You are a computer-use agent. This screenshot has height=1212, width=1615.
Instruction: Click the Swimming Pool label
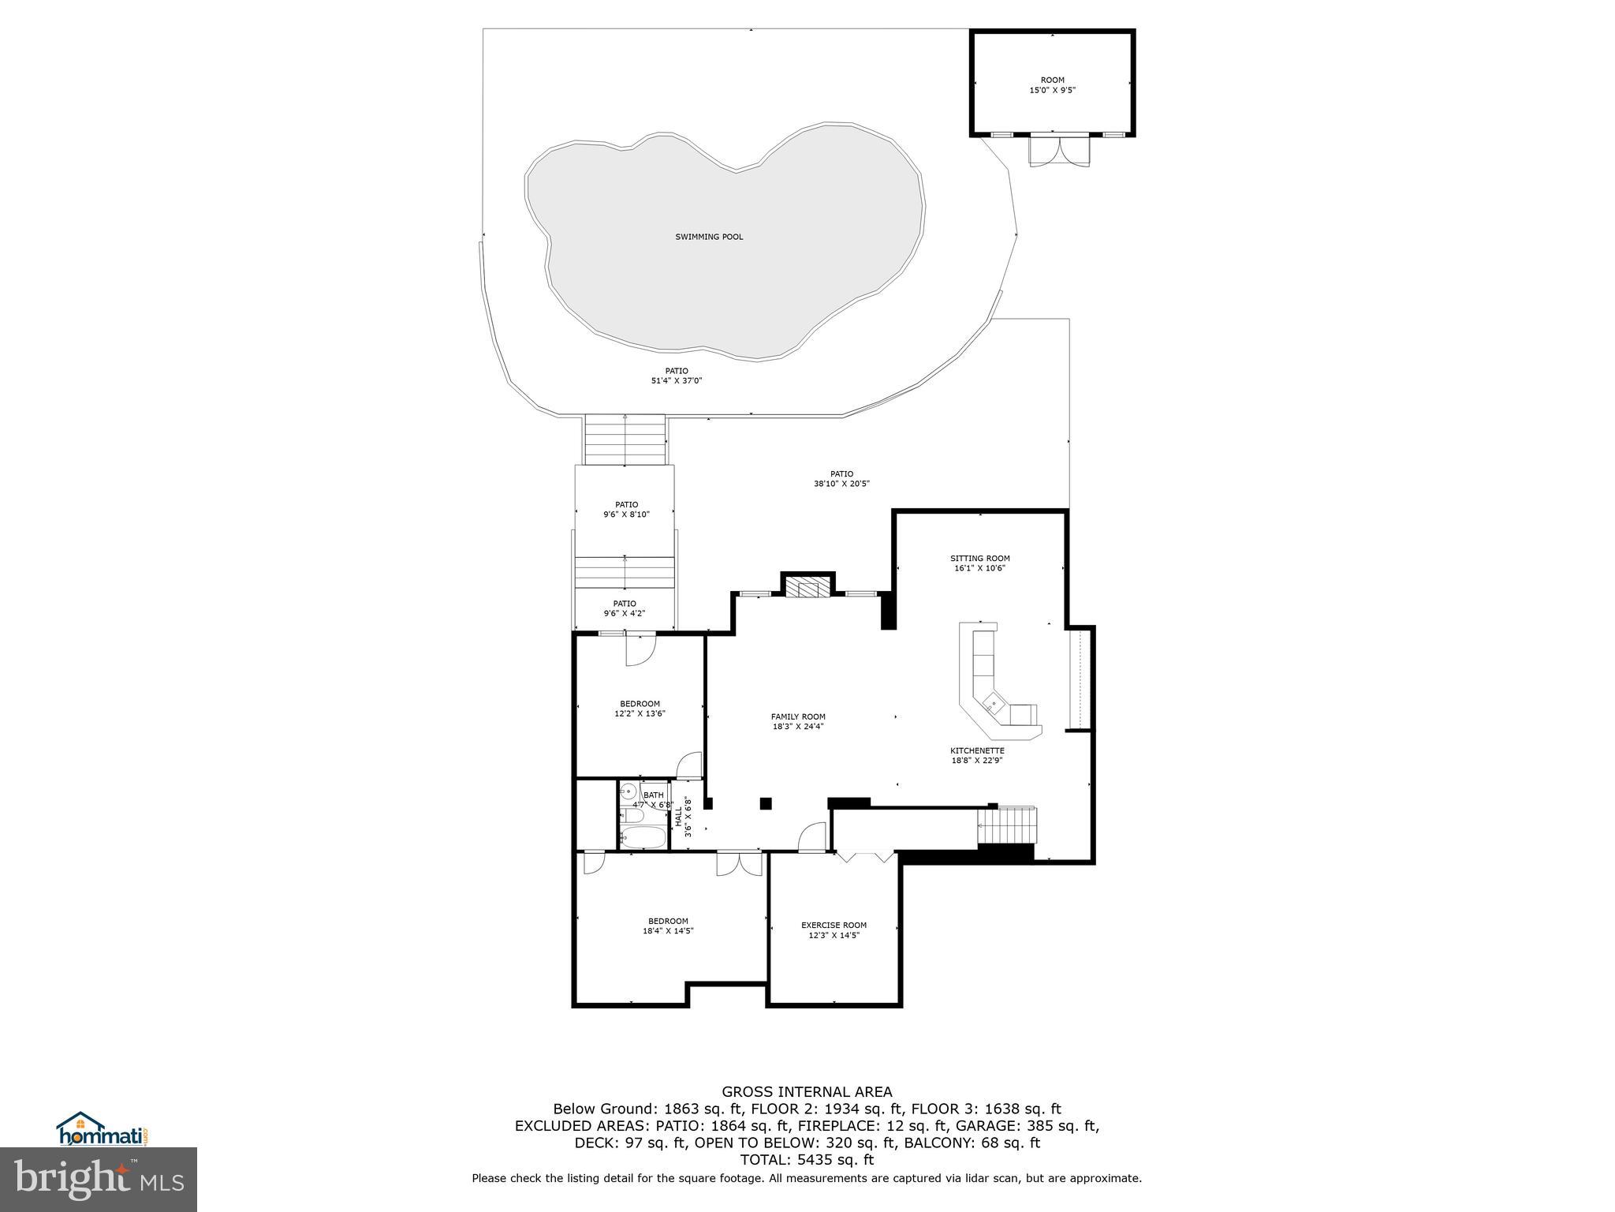click(709, 237)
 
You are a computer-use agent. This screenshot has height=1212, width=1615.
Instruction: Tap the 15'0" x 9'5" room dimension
click(1052, 90)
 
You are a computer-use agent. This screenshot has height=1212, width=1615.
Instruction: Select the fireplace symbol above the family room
click(807, 588)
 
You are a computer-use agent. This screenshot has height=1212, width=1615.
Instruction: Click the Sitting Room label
click(979, 559)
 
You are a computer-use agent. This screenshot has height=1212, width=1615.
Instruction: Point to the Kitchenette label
click(977, 750)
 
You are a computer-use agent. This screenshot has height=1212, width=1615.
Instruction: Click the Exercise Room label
click(834, 925)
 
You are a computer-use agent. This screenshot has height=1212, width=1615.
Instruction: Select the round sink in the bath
click(629, 791)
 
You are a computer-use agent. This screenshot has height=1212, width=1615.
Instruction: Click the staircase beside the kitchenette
click(1005, 826)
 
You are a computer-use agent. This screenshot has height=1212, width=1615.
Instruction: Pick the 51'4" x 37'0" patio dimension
click(676, 380)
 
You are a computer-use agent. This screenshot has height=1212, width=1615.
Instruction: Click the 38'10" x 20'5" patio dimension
click(841, 484)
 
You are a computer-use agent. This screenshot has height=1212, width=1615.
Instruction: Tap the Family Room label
click(798, 716)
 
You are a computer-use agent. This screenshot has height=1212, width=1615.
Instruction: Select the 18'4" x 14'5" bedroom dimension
click(668, 930)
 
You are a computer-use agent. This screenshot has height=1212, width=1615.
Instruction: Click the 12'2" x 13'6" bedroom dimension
click(640, 713)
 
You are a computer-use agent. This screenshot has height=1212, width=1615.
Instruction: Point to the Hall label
click(678, 816)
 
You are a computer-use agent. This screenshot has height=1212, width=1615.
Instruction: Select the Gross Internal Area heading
click(807, 1092)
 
